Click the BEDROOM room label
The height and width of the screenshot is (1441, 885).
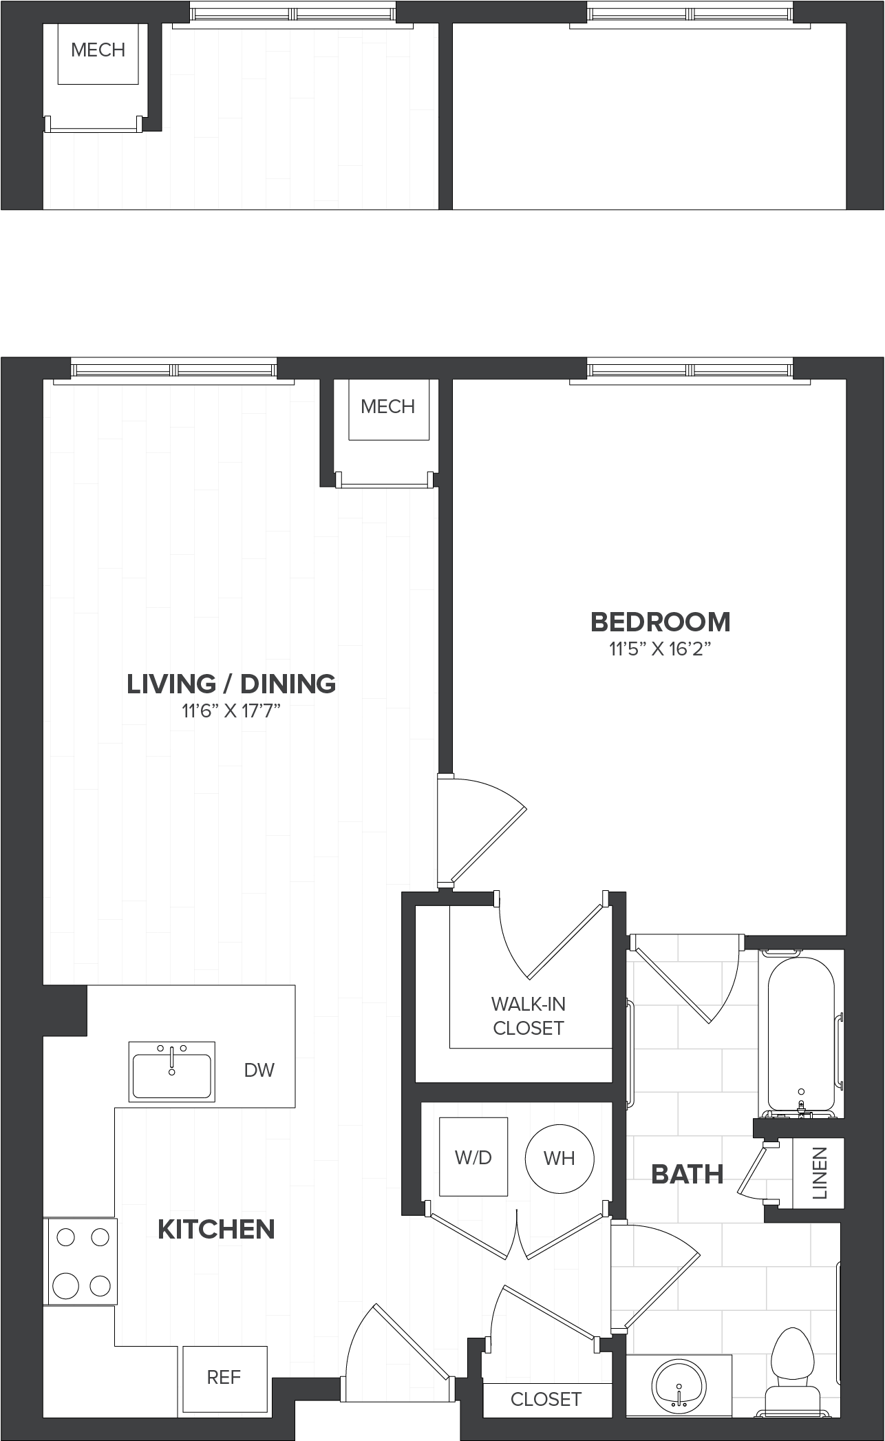click(x=660, y=622)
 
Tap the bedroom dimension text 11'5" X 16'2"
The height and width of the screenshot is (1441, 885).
click(x=659, y=649)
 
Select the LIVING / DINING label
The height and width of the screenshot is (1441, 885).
click(x=231, y=684)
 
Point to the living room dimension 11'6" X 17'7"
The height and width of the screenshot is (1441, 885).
click(x=231, y=711)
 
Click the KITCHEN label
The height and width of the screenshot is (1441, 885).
click(x=216, y=1229)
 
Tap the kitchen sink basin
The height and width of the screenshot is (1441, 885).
click(x=172, y=1071)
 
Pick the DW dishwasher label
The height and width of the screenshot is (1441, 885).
click(x=259, y=1070)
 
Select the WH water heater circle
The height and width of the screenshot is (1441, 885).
click(x=559, y=1158)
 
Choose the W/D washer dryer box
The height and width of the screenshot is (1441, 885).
click(x=473, y=1157)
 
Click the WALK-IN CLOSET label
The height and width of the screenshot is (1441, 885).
click(x=529, y=1016)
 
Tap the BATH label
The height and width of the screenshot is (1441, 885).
click(x=687, y=1174)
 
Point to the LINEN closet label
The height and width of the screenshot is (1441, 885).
click(x=819, y=1172)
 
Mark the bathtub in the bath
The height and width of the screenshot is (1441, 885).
click(x=800, y=1036)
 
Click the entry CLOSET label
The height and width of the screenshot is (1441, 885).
click(x=546, y=1399)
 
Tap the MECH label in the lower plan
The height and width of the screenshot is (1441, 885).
click(x=387, y=406)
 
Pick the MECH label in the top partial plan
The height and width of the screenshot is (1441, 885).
click(x=98, y=50)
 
